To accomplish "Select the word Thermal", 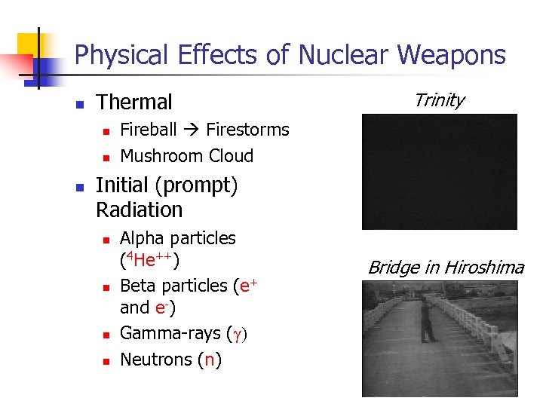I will pyautogui.click(x=134, y=102).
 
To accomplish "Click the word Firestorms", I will pyautogui.click(x=247, y=130).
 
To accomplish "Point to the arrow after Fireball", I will pyautogui.click(x=191, y=130).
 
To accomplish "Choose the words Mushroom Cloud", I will pyautogui.click(x=186, y=156).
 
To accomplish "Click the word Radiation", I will pyautogui.click(x=140, y=210).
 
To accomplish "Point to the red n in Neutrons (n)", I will pyautogui.click(x=210, y=360).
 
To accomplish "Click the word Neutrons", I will pyautogui.click(x=156, y=360).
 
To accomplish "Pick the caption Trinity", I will pyautogui.click(x=439, y=100).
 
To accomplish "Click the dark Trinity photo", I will pyautogui.click(x=439, y=172).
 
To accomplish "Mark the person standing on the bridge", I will pyautogui.click(x=427, y=320).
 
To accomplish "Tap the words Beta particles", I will pyautogui.click(x=173, y=286).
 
